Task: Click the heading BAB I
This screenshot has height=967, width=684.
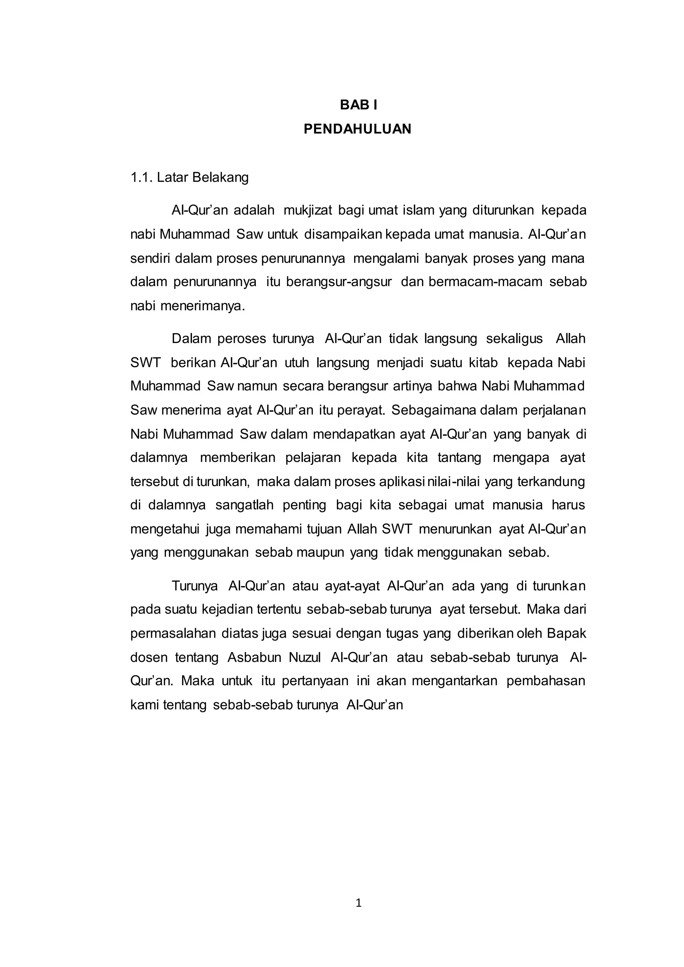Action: point(358,105)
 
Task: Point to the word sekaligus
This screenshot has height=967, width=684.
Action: point(514,339)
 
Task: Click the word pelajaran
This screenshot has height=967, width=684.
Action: point(313,458)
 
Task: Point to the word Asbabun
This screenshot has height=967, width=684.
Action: point(254,657)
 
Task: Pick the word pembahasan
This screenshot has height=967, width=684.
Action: point(546,681)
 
